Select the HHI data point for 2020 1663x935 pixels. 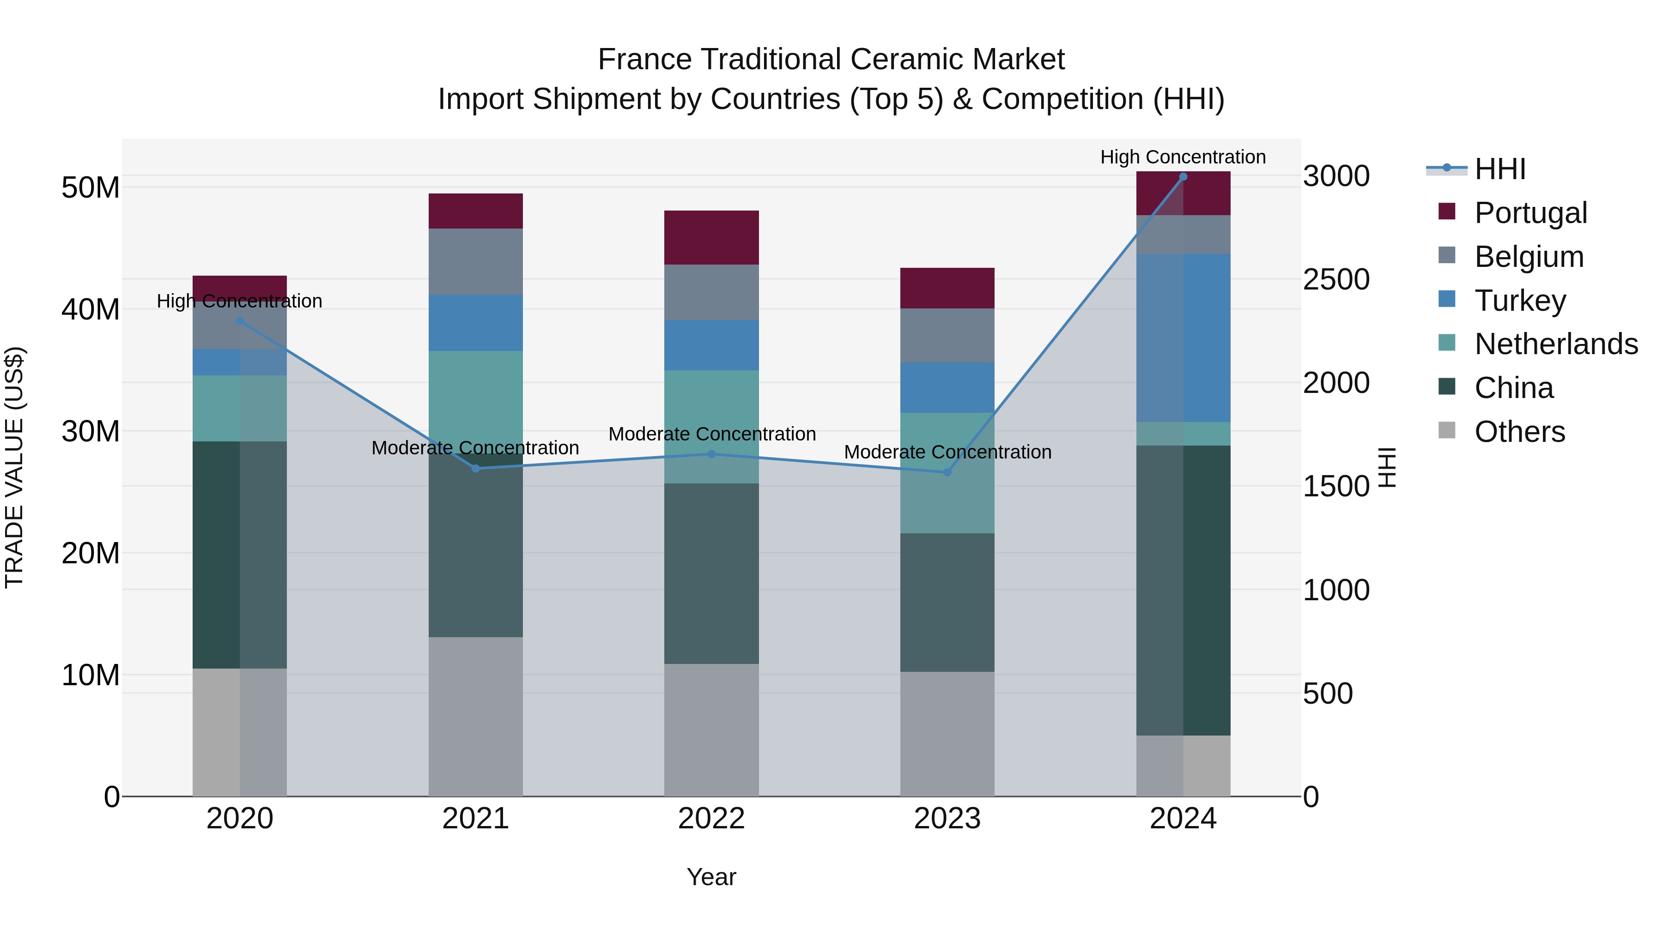coord(240,321)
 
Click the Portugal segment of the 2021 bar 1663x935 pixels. coord(476,211)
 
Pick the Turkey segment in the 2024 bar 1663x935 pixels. coord(1184,338)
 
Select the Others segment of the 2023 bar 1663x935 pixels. coord(947,734)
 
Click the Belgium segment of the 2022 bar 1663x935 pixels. coord(711,292)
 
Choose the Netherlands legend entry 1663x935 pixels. coord(1556,344)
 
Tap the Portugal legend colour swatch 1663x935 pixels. coord(1447,211)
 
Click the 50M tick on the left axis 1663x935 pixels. coord(91,188)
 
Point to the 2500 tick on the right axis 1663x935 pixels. coord(1335,279)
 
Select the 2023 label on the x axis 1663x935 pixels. coord(947,819)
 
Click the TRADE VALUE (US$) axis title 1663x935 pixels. coord(14,467)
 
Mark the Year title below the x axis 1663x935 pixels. coord(711,877)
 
